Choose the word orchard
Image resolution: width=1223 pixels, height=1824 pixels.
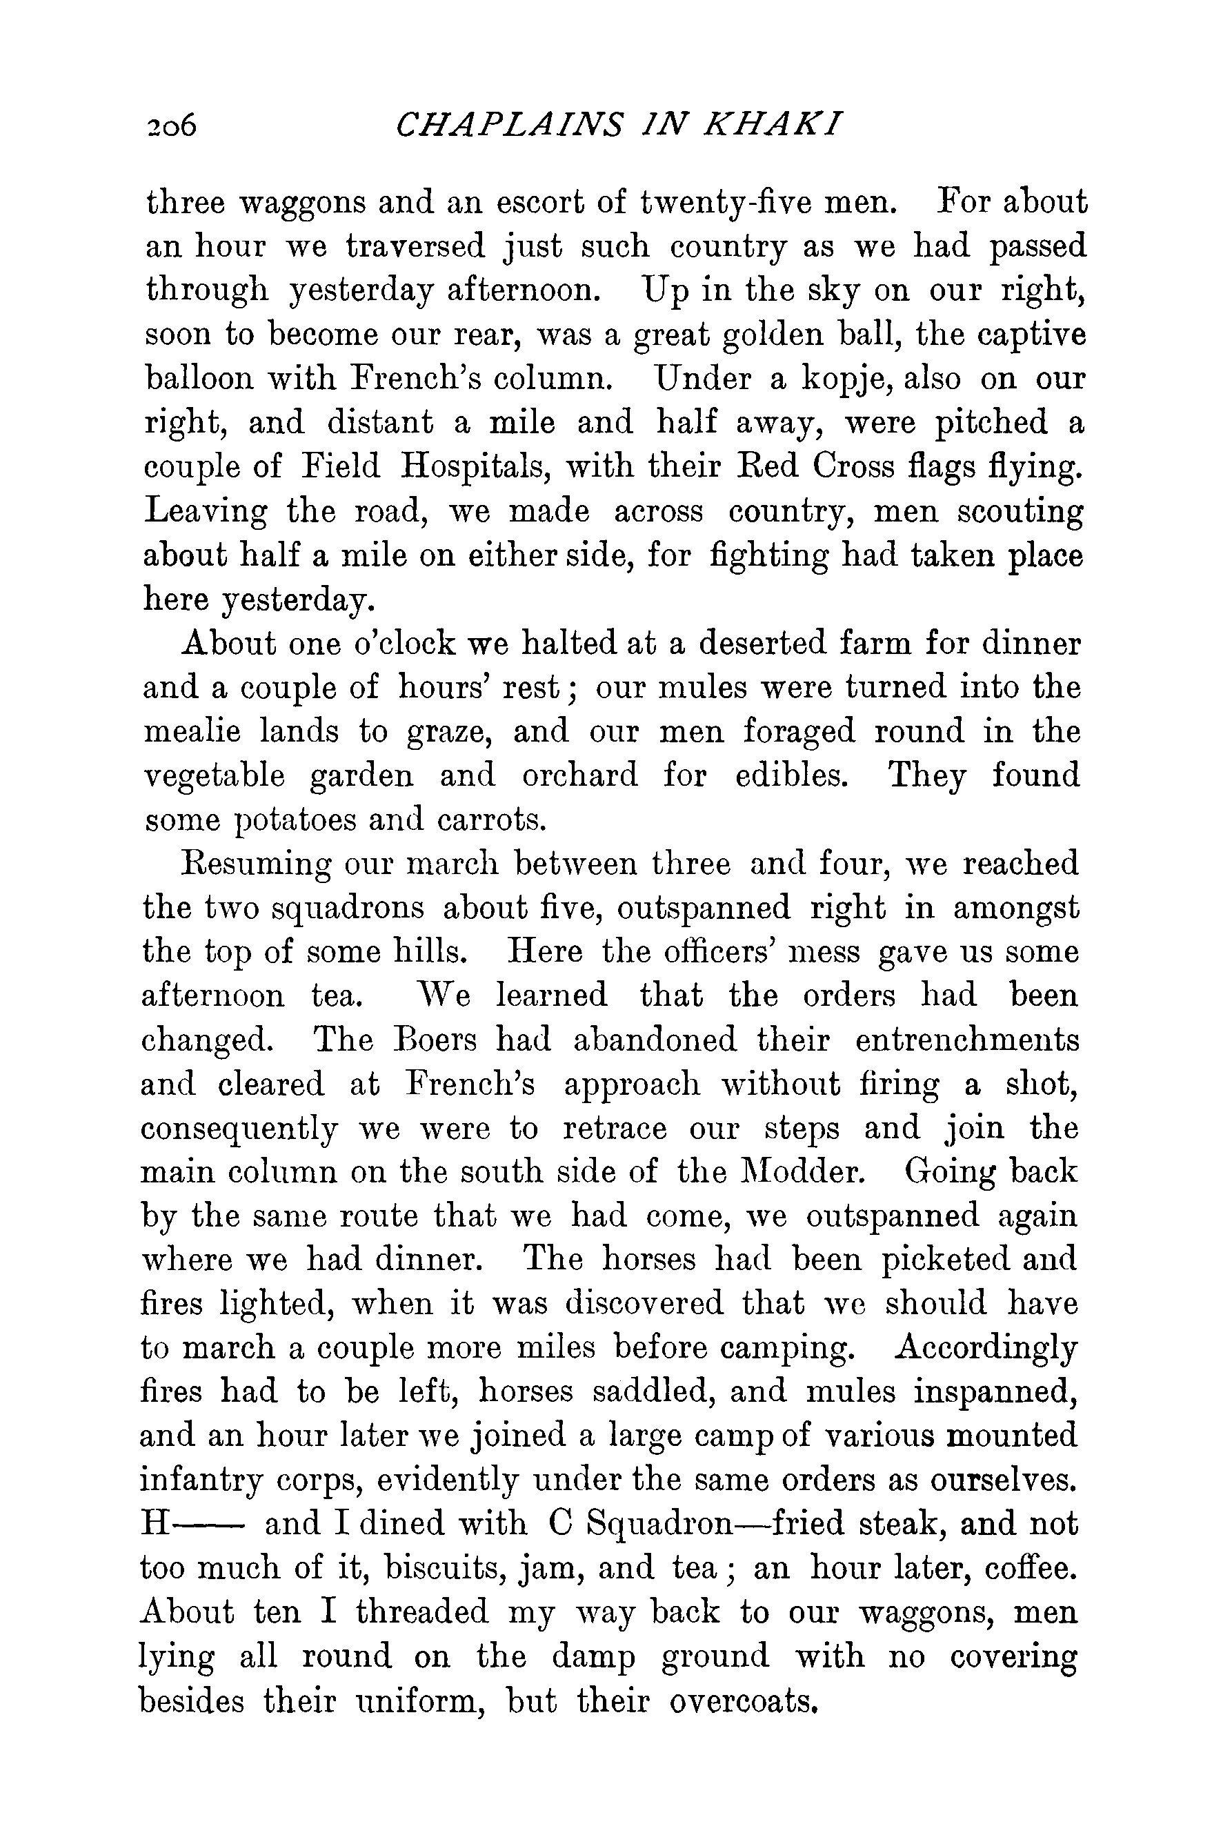[579, 777]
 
